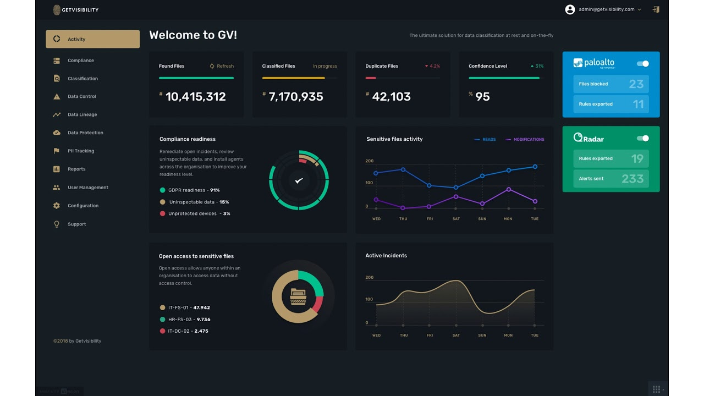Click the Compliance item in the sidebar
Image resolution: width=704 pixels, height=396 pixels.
(80, 61)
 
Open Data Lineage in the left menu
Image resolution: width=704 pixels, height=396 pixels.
(82, 115)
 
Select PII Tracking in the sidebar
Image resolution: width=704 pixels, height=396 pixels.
(80, 151)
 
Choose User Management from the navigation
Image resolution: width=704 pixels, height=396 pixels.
(87, 188)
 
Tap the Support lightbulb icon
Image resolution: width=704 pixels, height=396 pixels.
(57, 224)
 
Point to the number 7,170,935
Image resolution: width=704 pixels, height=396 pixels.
(295, 97)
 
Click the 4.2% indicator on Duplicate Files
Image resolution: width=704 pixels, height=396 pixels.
(434, 66)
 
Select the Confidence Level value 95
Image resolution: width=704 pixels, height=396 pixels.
(482, 97)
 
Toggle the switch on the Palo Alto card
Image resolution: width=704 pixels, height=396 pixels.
(642, 64)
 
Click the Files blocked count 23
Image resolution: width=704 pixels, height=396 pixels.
(636, 84)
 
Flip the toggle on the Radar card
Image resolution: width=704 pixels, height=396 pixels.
(642, 139)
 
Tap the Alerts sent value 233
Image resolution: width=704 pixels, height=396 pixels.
(632, 179)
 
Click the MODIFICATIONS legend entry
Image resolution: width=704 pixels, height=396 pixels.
(528, 140)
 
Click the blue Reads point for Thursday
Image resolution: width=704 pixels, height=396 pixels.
(403, 169)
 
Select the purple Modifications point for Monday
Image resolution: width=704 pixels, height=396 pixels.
(508, 189)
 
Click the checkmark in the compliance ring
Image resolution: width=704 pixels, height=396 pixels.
(299, 180)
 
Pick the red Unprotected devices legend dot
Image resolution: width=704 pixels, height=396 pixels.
(162, 213)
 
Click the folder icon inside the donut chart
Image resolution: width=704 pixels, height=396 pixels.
(298, 296)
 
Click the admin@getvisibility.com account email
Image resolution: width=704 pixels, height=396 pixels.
(606, 9)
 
